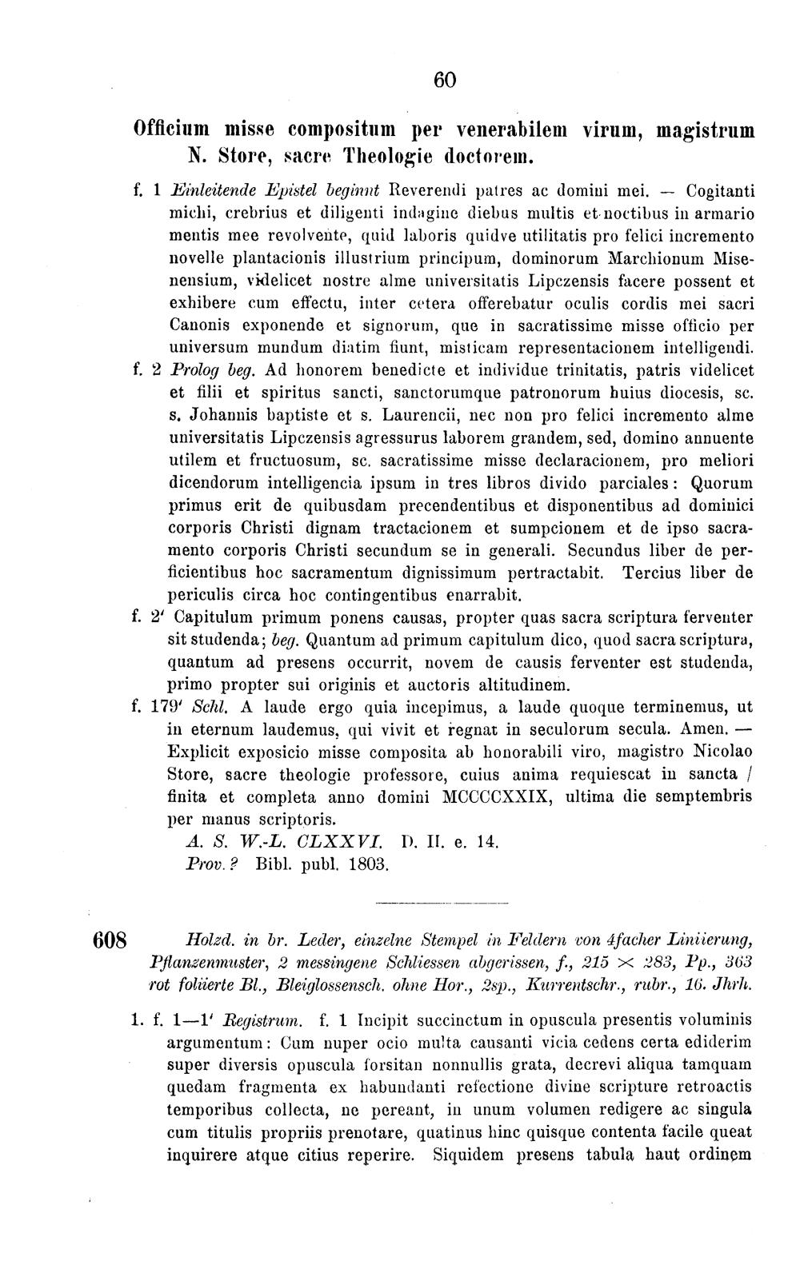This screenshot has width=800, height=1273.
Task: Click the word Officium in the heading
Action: [x=174, y=130]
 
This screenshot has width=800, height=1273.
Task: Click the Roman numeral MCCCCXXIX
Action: [x=494, y=797]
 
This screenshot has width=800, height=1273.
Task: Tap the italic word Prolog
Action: [x=197, y=372]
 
